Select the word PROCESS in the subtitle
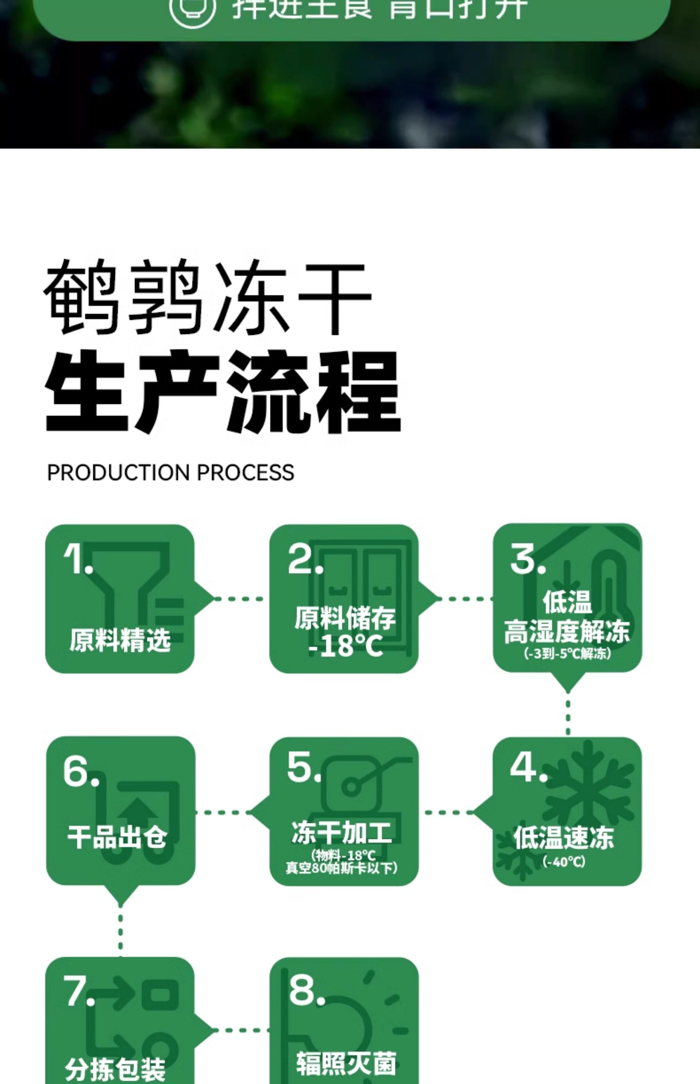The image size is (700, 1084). click(x=246, y=473)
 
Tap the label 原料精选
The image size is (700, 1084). click(x=120, y=640)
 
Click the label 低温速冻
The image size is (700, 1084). click(x=564, y=837)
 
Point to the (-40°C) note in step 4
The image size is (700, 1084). click(x=564, y=861)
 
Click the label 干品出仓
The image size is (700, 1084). click(x=117, y=837)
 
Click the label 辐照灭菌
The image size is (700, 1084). click(x=346, y=1064)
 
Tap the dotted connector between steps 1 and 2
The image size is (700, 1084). click(x=239, y=598)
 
